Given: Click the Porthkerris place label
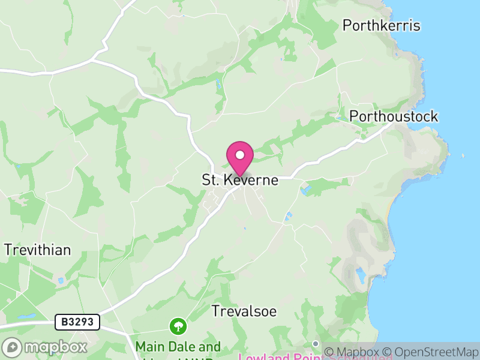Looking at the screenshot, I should click(381, 25).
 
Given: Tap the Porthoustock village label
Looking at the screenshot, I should click(394, 116).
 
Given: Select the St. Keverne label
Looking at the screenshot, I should click(240, 180).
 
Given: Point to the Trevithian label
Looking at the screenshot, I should click(37, 250).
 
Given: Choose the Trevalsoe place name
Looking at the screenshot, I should click(244, 311).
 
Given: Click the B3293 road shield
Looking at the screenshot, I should click(77, 322).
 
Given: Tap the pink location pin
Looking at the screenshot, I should click(240, 157).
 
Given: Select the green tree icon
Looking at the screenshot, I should click(178, 326).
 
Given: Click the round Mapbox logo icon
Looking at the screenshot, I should click(12, 347).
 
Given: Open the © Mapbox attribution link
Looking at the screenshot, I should click(353, 352).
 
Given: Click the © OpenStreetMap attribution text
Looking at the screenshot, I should click(431, 352).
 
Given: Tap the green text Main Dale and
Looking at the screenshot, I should click(178, 347).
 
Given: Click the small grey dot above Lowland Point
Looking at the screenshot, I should click(316, 343).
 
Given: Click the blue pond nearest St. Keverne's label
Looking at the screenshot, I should click(307, 191).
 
